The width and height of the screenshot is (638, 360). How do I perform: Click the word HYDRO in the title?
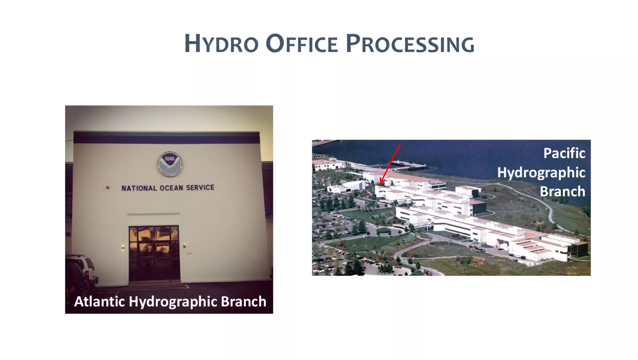point(221,44)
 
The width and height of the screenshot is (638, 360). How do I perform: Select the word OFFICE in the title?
point(302,44)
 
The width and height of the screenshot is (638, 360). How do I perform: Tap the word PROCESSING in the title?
point(410,44)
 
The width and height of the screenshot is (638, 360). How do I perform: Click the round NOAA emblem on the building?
point(170,164)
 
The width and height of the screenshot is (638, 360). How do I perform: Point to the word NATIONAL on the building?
point(139,188)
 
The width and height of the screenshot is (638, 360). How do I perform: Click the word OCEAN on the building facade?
point(171,188)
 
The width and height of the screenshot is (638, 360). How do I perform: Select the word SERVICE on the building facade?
point(200,188)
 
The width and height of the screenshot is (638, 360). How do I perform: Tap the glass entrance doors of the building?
point(154,253)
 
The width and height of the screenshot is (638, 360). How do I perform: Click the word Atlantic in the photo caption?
point(99,302)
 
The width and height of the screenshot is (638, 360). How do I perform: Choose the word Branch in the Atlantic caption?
point(244,302)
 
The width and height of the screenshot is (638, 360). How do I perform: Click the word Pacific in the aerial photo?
point(564,153)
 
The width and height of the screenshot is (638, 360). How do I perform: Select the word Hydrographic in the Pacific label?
point(541,173)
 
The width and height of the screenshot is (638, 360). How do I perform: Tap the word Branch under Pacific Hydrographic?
point(562,191)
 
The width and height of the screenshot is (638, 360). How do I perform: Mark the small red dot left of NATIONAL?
point(108,188)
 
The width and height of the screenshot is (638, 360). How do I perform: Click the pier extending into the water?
point(408,166)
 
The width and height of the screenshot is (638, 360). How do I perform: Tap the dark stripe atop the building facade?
point(167,137)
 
